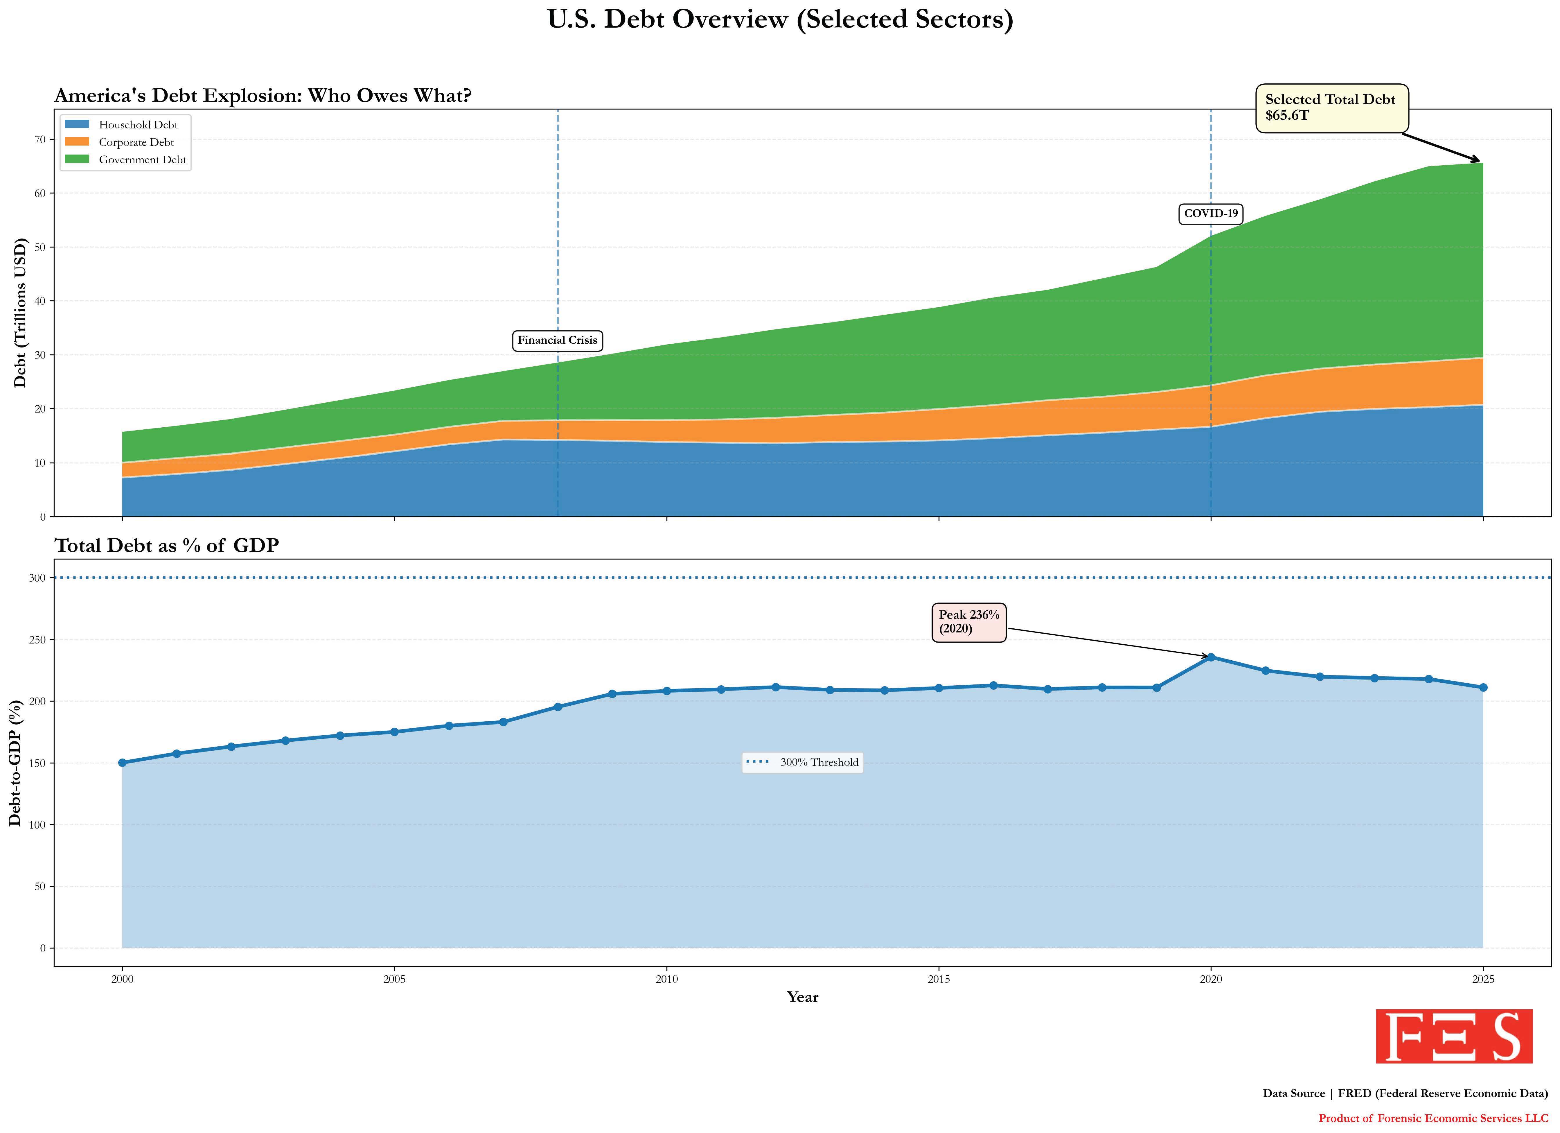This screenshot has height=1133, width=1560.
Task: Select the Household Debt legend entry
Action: click(x=138, y=125)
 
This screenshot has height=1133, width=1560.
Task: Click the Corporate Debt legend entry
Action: click(x=136, y=142)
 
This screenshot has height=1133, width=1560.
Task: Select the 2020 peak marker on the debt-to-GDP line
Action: click(x=1211, y=657)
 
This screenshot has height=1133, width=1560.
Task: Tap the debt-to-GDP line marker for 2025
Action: click(x=1483, y=687)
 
